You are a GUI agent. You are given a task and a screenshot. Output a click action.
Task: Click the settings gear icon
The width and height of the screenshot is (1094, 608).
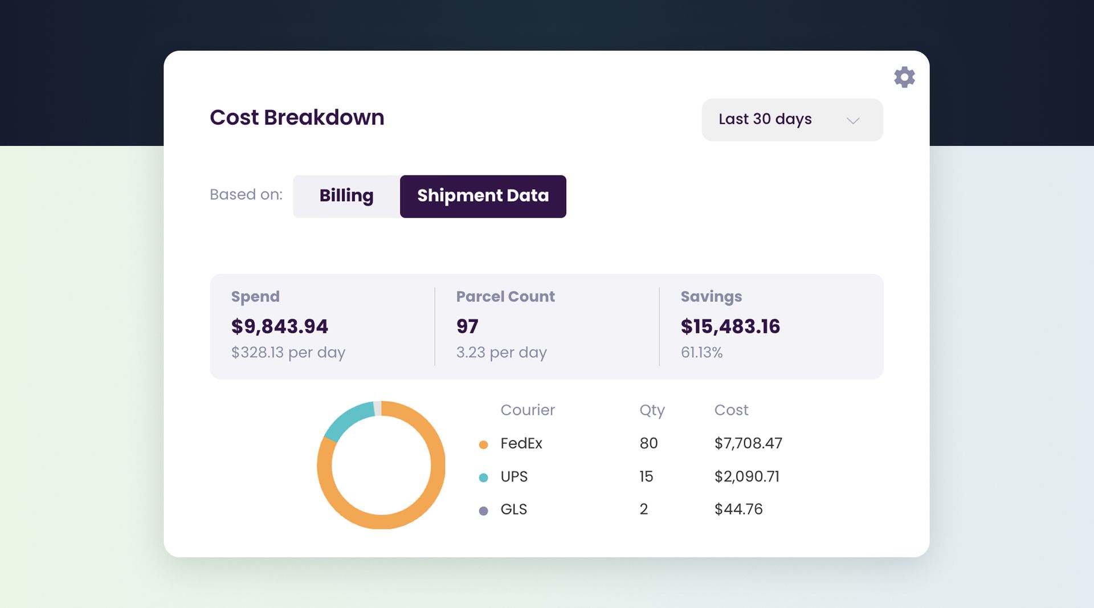pos(904,77)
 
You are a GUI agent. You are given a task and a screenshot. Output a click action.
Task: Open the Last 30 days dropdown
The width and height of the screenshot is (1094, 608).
pos(792,120)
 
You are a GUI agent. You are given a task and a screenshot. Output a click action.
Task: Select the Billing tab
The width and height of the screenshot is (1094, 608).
pos(346,196)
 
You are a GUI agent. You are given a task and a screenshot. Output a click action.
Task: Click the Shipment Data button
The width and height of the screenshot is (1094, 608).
pos(483,196)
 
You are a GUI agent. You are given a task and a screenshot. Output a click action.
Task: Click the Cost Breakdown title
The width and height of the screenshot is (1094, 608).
pos(297,117)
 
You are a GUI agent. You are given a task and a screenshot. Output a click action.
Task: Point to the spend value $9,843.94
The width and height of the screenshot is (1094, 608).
pos(279,327)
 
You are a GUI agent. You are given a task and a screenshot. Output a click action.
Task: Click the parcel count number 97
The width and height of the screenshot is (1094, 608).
pos(467,327)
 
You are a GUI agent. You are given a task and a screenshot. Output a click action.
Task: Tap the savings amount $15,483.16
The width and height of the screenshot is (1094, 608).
pos(730,327)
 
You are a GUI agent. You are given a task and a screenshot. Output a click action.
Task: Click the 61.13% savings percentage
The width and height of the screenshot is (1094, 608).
pos(701,353)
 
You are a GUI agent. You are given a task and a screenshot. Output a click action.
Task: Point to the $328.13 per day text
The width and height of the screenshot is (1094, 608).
pos(288,353)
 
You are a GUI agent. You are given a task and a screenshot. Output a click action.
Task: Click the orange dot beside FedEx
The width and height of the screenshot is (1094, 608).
pos(483,444)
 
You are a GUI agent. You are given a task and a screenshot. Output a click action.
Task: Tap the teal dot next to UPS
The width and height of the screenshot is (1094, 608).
pos(483,478)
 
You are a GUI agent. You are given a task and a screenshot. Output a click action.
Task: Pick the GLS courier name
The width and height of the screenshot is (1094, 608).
pos(513,509)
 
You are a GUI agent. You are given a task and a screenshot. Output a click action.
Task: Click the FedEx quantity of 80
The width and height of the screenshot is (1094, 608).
pos(648,443)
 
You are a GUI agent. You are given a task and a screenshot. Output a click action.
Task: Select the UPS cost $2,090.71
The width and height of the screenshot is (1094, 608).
pos(746,476)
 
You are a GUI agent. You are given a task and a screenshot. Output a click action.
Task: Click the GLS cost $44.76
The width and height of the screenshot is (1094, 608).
pos(738,509)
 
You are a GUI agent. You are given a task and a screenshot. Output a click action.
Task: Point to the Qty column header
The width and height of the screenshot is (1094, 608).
pos(652,410)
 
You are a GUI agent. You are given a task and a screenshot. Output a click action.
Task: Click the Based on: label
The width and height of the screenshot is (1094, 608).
pos(246,195)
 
